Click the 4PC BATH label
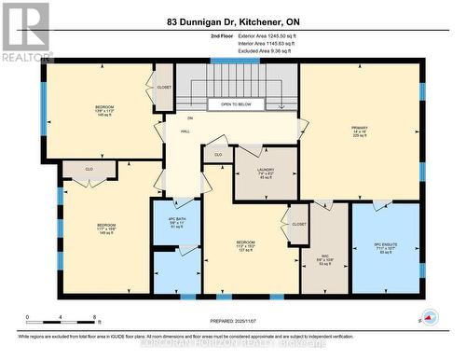pos(175,224)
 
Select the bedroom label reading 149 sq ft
pos(106,228)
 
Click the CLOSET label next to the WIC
pos(299,224)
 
